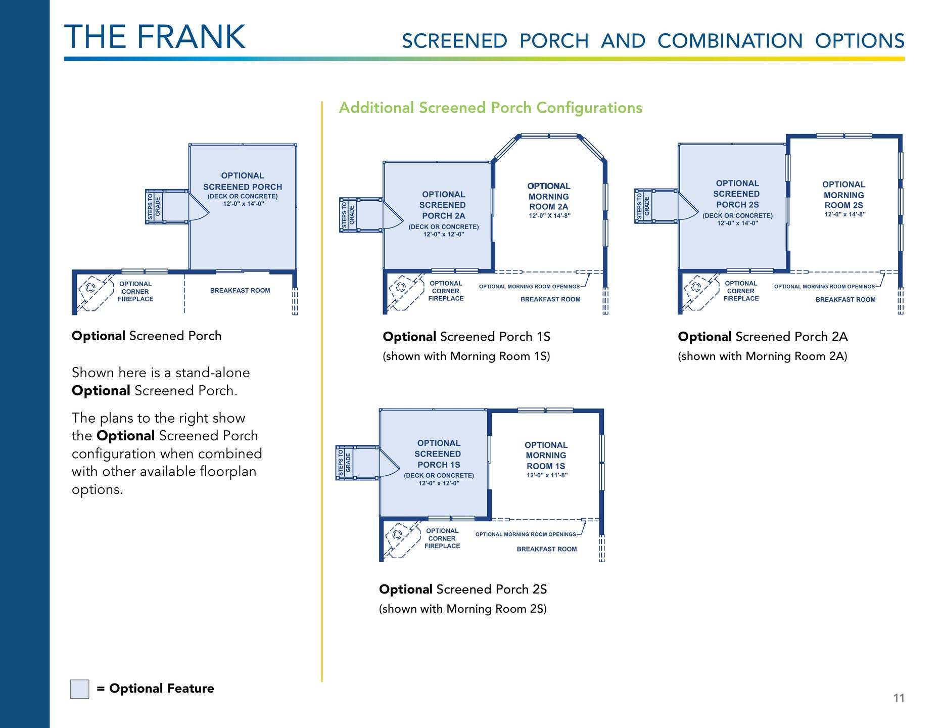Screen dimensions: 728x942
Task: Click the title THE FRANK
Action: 155,37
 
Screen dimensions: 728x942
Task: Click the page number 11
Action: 899,698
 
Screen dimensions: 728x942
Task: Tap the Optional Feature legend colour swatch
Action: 79,689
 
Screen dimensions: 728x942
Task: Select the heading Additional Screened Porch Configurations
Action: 490,108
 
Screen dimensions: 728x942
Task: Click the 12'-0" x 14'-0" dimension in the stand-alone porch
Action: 243,204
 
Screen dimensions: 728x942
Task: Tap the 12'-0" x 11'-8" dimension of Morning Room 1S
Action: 547,475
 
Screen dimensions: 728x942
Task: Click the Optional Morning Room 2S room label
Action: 843,195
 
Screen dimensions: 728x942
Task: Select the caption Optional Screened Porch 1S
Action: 466,337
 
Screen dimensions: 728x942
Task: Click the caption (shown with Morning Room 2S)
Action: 462,609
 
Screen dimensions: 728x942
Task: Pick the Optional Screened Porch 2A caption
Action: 762,337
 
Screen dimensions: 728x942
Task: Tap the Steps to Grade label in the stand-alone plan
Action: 154,207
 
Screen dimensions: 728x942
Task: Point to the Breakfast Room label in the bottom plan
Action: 546,549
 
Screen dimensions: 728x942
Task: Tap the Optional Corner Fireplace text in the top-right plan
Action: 740,291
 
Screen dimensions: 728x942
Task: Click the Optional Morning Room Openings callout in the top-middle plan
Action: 529,287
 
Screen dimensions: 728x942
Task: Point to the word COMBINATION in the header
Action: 730,41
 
